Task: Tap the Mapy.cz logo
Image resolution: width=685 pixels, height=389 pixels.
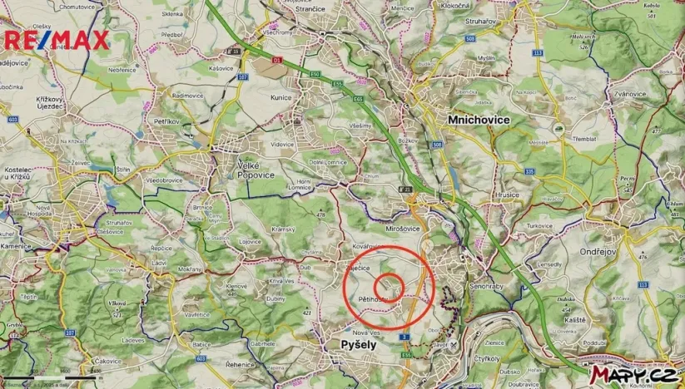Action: (x=633, y=375)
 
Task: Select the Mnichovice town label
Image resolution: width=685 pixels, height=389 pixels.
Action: (x=479, y=120)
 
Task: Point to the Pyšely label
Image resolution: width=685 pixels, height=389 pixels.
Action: (x=359, y=343)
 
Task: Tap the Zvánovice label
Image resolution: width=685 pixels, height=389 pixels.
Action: (x=626, y=94)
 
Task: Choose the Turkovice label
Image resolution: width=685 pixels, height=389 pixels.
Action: (x=539, y=225)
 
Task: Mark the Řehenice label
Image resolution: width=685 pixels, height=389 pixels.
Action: (x=262, y=365)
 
